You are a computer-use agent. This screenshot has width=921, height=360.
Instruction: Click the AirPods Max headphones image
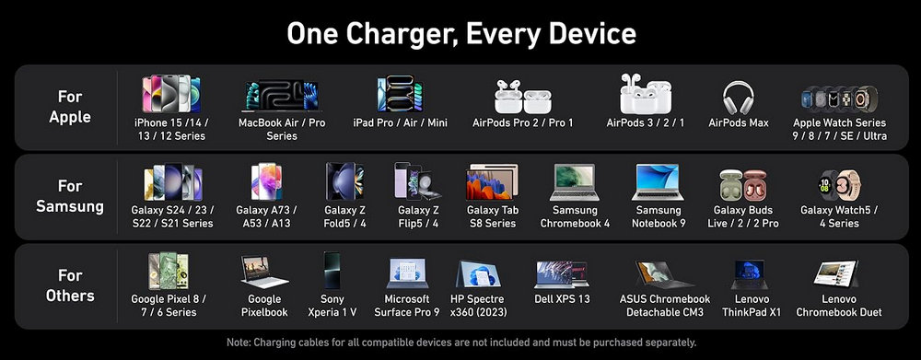(x=739, y=98)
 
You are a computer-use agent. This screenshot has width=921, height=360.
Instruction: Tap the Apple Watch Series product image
(x=840, y=99)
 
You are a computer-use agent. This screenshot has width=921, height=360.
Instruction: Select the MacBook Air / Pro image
(x=281, y=96)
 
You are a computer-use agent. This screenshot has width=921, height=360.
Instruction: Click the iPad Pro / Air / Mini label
(x=400, y=122)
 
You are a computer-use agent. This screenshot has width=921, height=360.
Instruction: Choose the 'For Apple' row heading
(x=70, y=106)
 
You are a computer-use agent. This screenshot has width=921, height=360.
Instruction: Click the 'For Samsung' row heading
(x=70, y=196)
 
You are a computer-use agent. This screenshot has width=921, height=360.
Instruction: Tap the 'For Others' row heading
(x=70, y=285)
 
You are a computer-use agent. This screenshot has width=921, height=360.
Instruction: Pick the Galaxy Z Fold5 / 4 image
(x=344, y=181)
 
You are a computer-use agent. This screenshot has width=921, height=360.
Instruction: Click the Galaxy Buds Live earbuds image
(x=743, y=185)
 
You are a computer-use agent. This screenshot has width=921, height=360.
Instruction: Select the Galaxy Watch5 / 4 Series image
(x=839, y=185)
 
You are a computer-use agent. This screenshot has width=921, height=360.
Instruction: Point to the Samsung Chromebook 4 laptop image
(x=575, y=182)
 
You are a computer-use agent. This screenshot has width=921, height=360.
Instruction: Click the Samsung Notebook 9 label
(x=659, y=216)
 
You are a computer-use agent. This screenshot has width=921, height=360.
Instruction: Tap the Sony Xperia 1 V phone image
(x=332, y=270)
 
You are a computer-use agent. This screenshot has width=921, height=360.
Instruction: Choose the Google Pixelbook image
(x=264, y=272)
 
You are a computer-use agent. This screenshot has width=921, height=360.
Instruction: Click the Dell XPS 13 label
(x=562, y=299)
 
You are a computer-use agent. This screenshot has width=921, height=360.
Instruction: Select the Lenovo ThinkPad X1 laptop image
(x=749, y=274)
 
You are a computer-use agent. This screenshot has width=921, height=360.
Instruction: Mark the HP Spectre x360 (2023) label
(x=478, y=306)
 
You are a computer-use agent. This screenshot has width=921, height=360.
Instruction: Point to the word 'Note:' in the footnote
(x=239, y=342)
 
